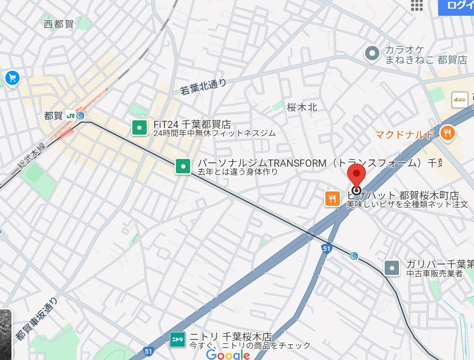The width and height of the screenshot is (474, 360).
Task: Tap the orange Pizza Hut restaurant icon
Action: click(x=332, y=198)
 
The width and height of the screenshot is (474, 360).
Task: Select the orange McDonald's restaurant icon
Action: click(x=447, y=133)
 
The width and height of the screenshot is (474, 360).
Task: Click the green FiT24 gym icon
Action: click(x=140, y=127)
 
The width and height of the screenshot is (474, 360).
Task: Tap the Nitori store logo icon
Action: click(x=177, y=339)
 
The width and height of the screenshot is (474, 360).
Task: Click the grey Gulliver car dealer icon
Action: click(x=392, y=268)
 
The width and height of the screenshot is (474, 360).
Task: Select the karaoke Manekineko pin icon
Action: click(x=372, y=53)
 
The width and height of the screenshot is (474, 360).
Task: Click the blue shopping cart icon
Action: click(x=11, y=77)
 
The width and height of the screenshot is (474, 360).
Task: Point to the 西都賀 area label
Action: click(x=59, y=24)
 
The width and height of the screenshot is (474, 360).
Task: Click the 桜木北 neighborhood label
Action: click(x=302, y=107)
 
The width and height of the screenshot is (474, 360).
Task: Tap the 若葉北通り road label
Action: click(x=203, y=86)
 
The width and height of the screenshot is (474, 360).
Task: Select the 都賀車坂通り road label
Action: click(x=37, y=319)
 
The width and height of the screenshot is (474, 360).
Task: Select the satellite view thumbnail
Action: click(x=5, y=334)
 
